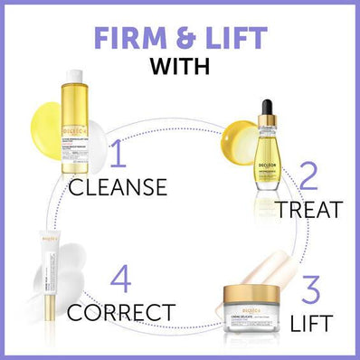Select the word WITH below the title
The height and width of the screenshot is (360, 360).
pyautogui.click(x=180, y=67)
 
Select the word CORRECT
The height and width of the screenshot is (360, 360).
pyautogui.click(x=120, y=313)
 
